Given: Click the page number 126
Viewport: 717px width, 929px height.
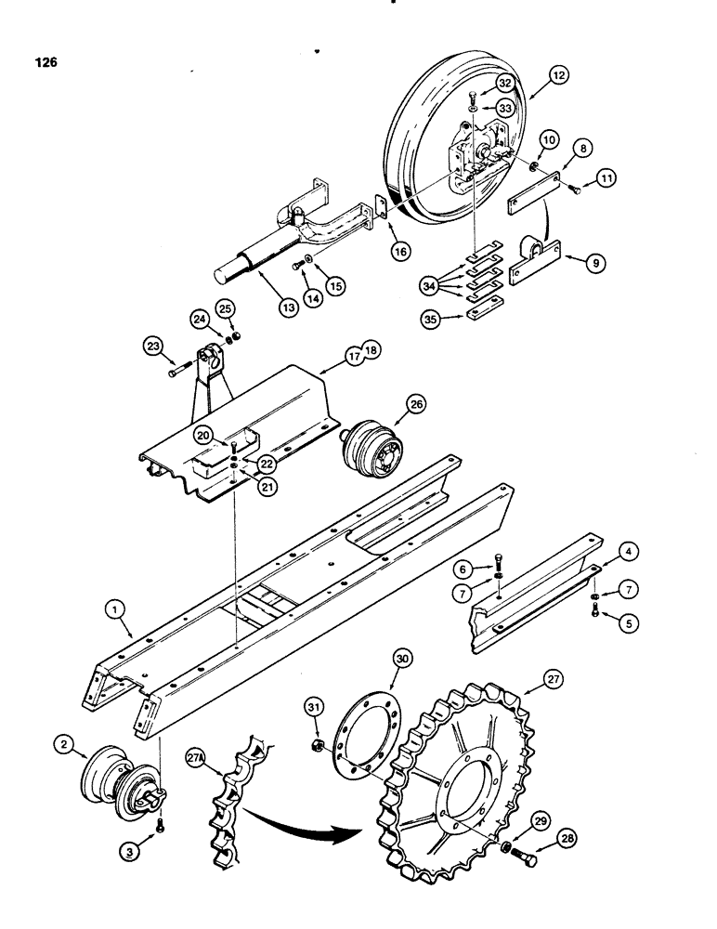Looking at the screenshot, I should coord(45,63).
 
